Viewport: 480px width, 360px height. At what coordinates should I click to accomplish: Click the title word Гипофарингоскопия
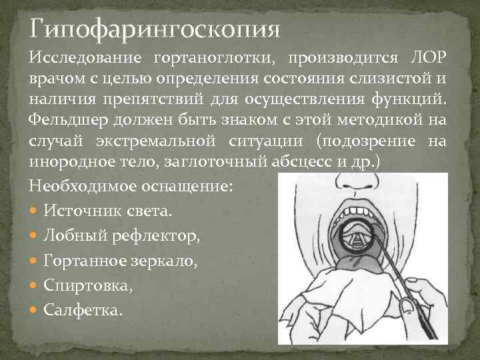point(155,30)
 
